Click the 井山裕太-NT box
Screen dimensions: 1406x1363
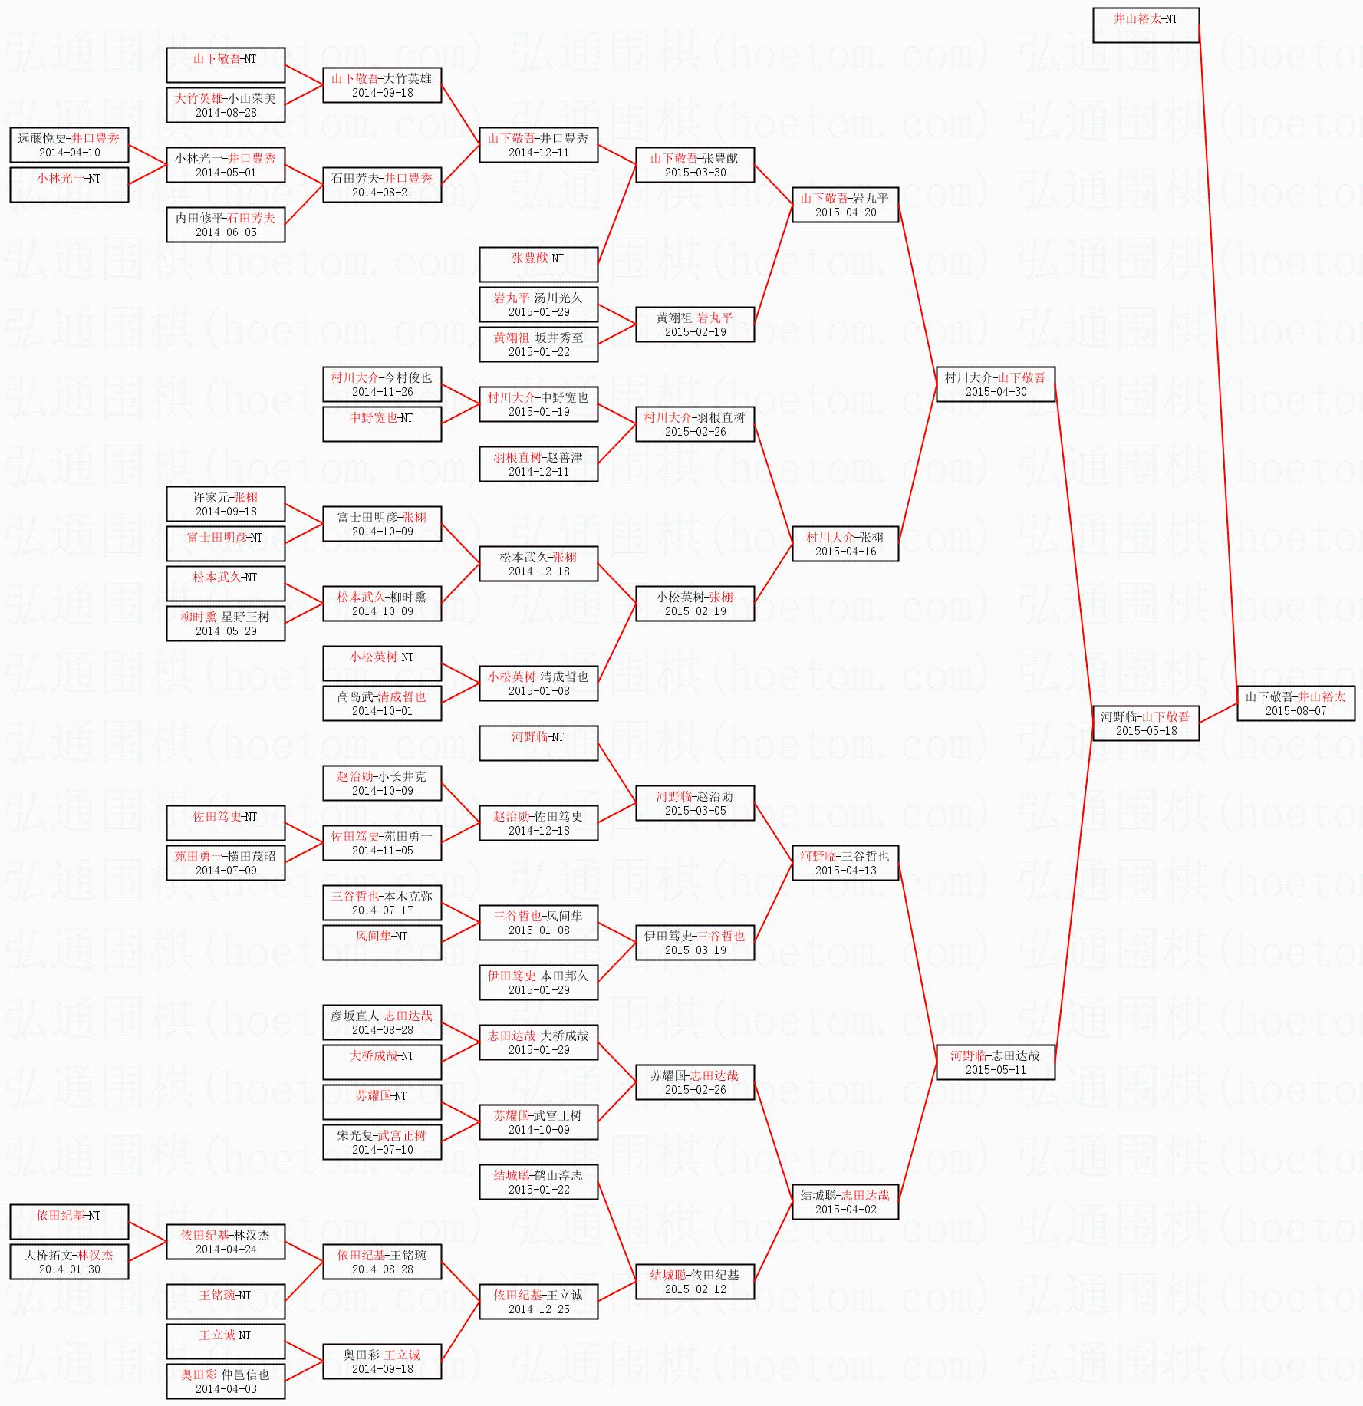pyautogui.click(x=1145, y=25)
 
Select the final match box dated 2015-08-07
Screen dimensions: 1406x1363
pyautogui.click(x=1296, y=703)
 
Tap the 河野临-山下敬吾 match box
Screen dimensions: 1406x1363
pyautogui.click(x=1145, y=723)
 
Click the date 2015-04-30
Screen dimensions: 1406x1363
pyautogui.click(x=996, y=392)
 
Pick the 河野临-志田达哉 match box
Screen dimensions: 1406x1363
pyautogui.click(x=995, y=1062)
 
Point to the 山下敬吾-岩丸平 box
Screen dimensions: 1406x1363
pyautogui.click(x=844, y=205)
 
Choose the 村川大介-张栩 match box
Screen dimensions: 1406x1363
pyautogui.click(x=844, y=544)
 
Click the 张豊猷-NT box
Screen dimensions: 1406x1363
pyautogui.click(x=538, y=265)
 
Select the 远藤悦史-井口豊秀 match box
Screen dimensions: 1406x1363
pyautogui.click(x=69, y=145)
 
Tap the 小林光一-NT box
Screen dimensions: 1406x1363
pyautogui.click(x=69, y=185)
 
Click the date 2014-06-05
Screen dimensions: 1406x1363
pyautogui.click(x=226, y=232)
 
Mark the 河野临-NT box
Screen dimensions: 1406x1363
pyautogui.click(x=538, y=743)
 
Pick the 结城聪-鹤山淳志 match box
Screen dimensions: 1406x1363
pyautogui.click(x=538, y=1182)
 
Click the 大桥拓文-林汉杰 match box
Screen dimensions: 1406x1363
pyautogui.click(x=69, y=1262)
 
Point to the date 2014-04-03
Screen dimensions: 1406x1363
pyautogui.click(x=226, y=1389)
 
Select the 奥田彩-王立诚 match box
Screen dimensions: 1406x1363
pyautogui.click(x=381, y=1362)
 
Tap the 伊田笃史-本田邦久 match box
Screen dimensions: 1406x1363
pyautogui.click(x=538, y=983)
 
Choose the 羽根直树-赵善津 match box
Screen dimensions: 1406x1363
pyautogui.click(x=538, y=464)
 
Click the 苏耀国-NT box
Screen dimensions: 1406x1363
pyautogui.click(x=381, y=1102)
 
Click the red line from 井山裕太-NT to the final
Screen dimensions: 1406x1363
pyautogui.click(x=1218, y=353)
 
